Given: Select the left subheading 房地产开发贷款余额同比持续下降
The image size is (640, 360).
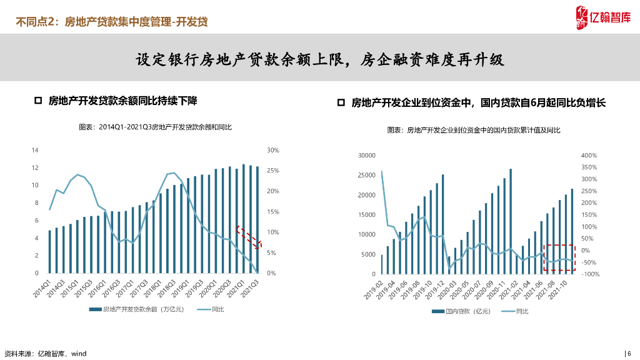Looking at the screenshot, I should pyautogui.click(x=122, y=101).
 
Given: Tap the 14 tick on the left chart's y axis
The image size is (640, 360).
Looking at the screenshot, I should pyautogui.click(x=35, y=150).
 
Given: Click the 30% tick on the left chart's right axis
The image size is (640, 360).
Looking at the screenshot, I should pyautogui.click(x=272, y=150).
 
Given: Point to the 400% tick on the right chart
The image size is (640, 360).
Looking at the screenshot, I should pyautogui.click(x=589, y=155).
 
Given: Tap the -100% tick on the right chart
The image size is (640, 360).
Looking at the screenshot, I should pyautogui.click(x=590, y=274).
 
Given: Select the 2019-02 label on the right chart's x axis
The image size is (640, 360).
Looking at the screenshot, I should pyautogui.click(x=375, y=291).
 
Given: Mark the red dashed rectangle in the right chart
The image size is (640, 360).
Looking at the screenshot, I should pyautogui.click(x=558, y=257).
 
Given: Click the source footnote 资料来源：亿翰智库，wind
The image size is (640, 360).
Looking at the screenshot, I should pyautogui.click(x=45, y=354).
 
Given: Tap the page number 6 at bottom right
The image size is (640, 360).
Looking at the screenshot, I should pyautogui.click(x=629, y=353).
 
